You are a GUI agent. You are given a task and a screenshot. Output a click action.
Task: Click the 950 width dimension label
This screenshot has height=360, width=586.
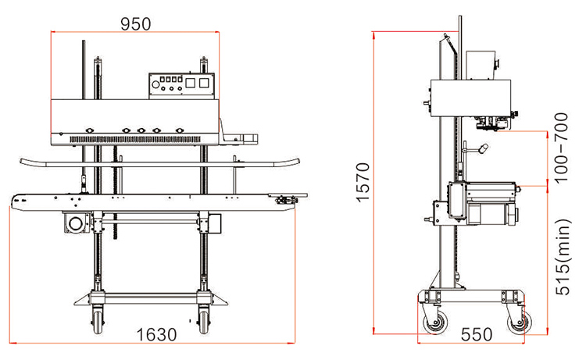coord(136,23)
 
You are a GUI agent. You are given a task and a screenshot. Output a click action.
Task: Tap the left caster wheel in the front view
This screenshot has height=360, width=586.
coord(98,318)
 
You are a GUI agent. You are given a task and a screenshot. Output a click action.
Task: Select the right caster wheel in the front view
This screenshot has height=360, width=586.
coord(203,318)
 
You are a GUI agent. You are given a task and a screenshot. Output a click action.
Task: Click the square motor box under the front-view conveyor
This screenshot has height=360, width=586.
coord(76,224)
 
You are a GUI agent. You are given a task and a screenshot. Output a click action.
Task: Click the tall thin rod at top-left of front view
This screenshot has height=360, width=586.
coord(83,70)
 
